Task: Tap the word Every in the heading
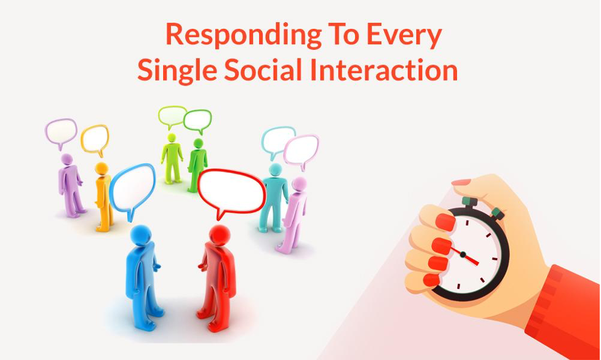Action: (x=404, y=36)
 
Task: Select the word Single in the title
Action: (x=177, y=71)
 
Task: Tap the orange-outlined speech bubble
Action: (x=95, y=140)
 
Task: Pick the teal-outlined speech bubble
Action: (x=277, y=142)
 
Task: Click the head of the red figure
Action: (x=220, y=235)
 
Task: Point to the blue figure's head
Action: (x=141, y=235)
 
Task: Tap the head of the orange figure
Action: (x=101, y=169)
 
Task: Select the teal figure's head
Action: (x=275, y=170)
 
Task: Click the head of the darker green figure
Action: (x=198, y=143)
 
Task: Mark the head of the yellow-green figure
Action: (x=172, y=138)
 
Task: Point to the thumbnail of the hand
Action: (x=461, y=182)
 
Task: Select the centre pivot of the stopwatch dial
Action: (x=463, y=255)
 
